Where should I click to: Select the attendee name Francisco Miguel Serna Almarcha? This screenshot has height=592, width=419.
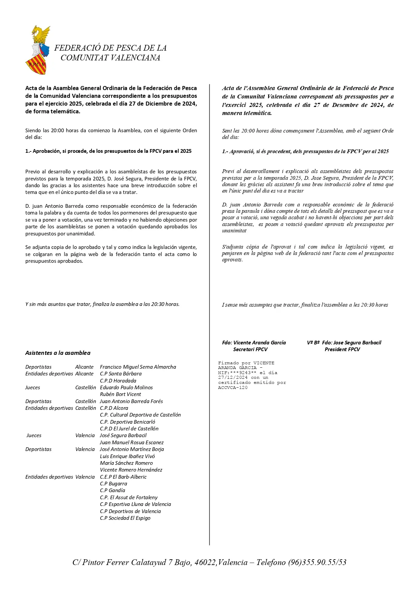click(138, 367)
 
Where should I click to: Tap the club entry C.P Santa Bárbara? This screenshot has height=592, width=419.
click(121, 374)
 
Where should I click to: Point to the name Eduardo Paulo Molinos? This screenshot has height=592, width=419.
click(126, 388)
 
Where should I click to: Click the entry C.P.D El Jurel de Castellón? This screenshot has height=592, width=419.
click(129, 429)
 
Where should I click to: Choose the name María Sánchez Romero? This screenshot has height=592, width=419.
click(126, 463)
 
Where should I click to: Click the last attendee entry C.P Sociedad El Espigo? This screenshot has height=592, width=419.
click(125, 518)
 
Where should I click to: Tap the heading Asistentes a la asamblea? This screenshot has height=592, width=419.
click(58, 353)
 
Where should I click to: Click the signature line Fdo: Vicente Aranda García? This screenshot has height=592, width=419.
click(254, 343)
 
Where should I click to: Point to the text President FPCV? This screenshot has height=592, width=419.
click(342, 349)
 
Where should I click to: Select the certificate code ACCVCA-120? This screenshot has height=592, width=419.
click(233, 388)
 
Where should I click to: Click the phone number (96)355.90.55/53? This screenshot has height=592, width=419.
click(317, 562)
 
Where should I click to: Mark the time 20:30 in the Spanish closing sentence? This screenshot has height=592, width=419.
click(157, 304)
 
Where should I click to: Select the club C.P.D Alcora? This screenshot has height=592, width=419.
click(114, 408)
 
